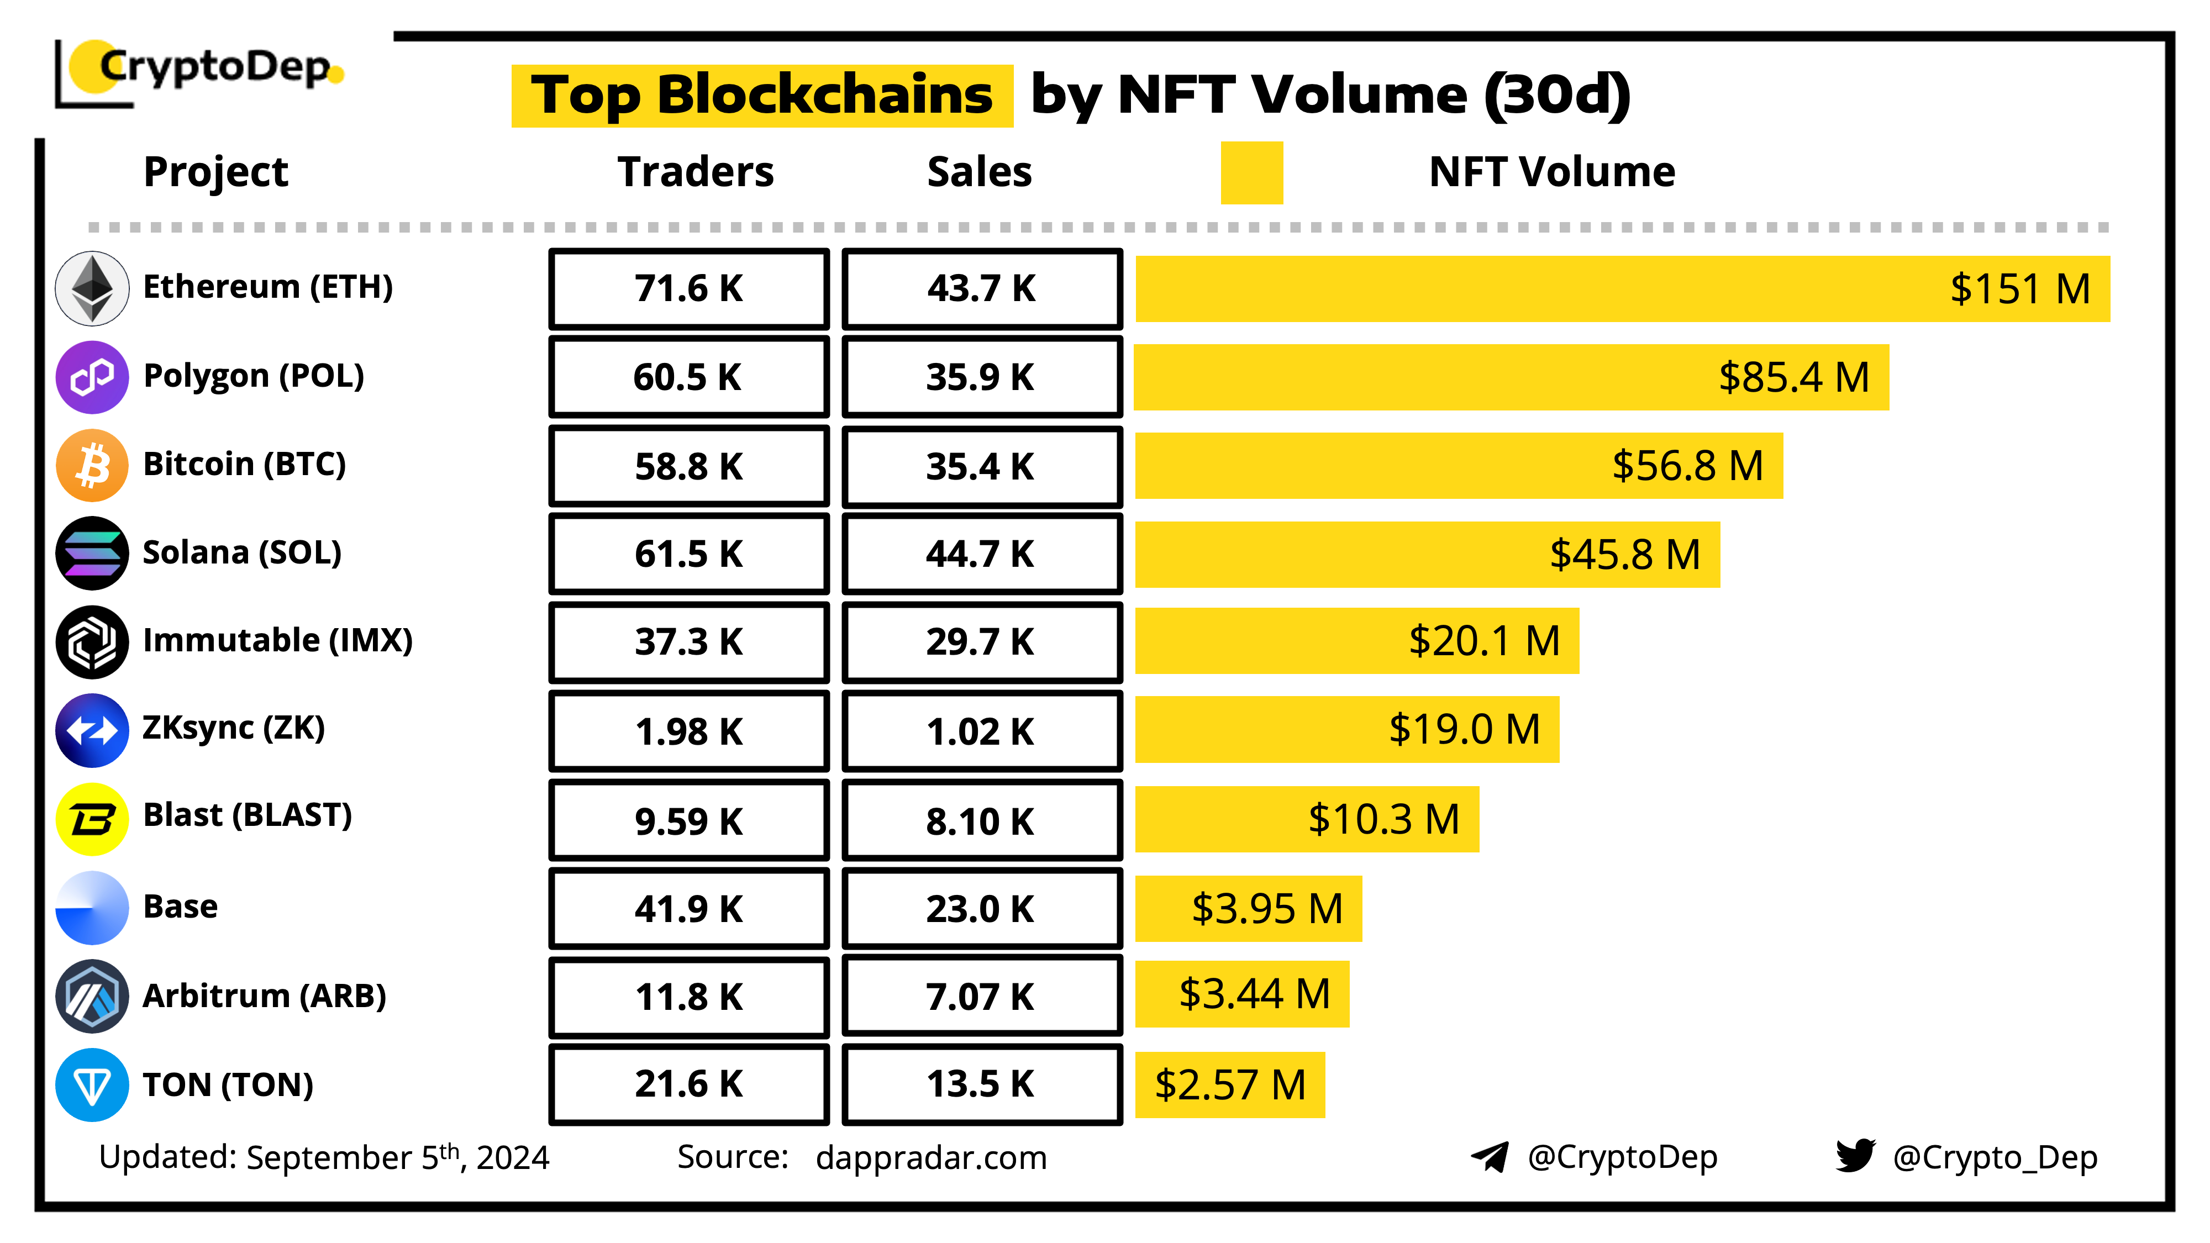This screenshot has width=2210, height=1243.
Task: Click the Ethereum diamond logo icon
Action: click(x=92, y=288)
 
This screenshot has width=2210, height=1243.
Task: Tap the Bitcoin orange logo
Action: click(x=92, y=465)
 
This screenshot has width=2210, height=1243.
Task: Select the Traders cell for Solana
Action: click(x=689, y=554)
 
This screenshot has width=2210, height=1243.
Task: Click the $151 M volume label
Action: click(x=2019, y=289)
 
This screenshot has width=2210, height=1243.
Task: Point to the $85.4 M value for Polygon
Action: click(x=1793, y=377)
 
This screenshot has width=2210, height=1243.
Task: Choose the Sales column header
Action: click(x=980, y=172)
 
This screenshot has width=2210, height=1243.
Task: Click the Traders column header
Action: click(x=696, y=172)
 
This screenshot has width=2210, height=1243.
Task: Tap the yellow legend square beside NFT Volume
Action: click(x=1252, y=172)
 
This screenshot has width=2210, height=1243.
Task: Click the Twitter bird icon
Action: click(x=1855, y=1156)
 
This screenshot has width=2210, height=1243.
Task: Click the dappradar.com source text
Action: click(x=931, y=1158)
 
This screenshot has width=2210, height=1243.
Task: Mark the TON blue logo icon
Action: click(x=92, y=1085)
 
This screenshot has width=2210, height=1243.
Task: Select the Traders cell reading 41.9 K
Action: click(x=689, y=908)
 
